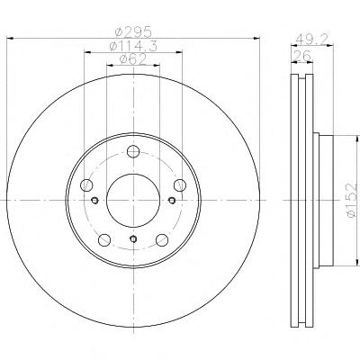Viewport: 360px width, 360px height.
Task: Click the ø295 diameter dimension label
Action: click(x=134, y=31)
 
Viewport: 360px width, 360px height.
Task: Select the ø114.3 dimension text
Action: click(x=133, y=46)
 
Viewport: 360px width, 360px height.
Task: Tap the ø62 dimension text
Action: click(x=133, y=59)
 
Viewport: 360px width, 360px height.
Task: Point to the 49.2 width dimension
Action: click(x=313, y=39)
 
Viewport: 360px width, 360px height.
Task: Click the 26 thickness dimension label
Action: click(x=302, y=56)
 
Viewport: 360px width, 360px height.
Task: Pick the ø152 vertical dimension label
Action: click(x=352, y=200)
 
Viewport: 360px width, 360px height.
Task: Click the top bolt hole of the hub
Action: click(x=133, y=151)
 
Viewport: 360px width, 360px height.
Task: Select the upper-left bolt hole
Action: click(x=86, y=184)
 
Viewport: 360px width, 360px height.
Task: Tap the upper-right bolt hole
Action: click(x=180, y=184)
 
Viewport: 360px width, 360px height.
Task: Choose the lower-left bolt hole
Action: click(x=104, y=239)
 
